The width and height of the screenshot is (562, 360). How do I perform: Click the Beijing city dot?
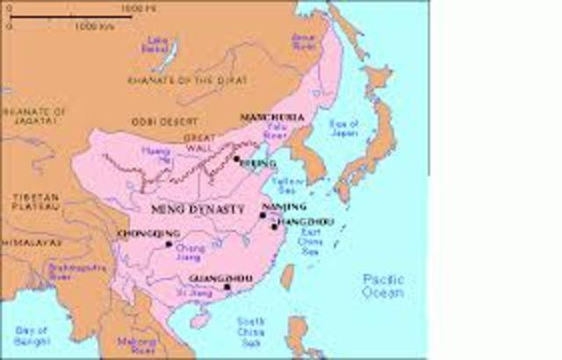click(x=236, y=160)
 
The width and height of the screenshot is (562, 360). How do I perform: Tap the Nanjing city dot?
click(x=263, y=214)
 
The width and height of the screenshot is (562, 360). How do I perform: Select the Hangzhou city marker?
click(x=274, y=227)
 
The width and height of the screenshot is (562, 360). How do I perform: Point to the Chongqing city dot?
click(x=169, y=244)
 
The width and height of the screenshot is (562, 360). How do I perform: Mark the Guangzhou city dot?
click(x=227, y=287)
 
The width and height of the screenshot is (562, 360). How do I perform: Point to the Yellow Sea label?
click(x=286, y=184)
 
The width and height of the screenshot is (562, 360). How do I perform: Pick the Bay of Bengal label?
click(x=30, y=335)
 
